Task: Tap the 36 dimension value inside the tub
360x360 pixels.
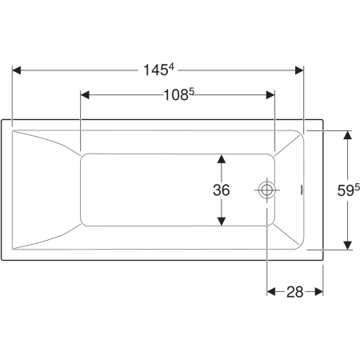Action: point(222,190)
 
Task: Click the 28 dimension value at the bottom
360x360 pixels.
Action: point(295,292)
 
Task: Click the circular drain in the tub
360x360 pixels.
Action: point(266,190)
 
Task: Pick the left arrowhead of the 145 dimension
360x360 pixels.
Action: point(17,70)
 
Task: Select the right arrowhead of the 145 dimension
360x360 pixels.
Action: point(299,70)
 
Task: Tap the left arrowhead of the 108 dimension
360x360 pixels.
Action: point(85,95)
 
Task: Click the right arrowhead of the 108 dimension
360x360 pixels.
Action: point(270,95)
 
